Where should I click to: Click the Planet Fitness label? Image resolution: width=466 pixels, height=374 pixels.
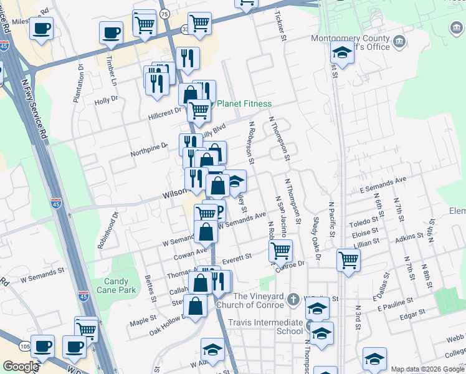(x=244, y=103)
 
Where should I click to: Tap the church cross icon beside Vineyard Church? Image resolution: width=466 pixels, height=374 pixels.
(x=294, y=300)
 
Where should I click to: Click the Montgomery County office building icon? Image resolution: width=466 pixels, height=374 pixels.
(x=399, y=42)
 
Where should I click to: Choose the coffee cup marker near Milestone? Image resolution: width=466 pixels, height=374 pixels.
(x=42, y=28)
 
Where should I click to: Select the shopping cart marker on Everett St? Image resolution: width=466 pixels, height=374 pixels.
(x=281, y=251)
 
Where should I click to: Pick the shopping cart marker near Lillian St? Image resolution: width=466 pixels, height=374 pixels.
(x=348, y=260)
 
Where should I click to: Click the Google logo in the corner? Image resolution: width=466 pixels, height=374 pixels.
(x=20, y=367)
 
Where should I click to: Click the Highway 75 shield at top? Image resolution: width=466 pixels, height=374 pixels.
(x=164, y=14)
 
